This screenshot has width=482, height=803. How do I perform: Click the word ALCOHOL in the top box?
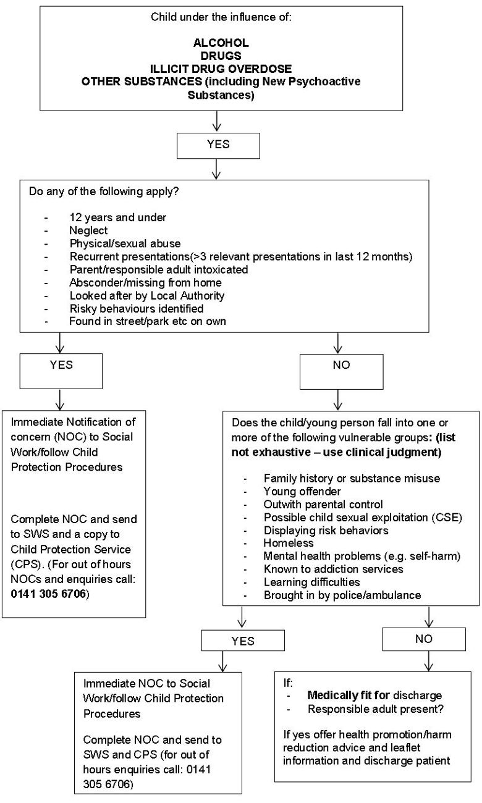tap(220, 43)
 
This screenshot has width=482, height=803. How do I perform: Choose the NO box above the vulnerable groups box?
tap(340, 365)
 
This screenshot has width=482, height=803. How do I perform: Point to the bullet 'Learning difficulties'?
tap(311, 582)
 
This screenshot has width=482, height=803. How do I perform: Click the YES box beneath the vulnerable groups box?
tap(242, 641)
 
